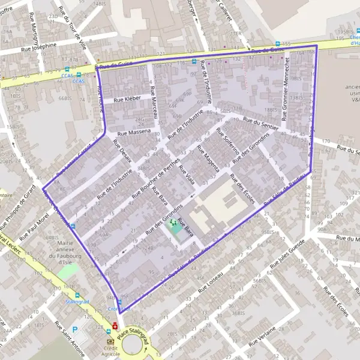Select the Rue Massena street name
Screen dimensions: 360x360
(x=134, y=131)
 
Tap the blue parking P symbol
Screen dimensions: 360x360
(x=74, y=329)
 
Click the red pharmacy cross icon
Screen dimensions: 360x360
(x=115, y=326)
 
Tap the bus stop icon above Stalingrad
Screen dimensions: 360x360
(x=77, y=295)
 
